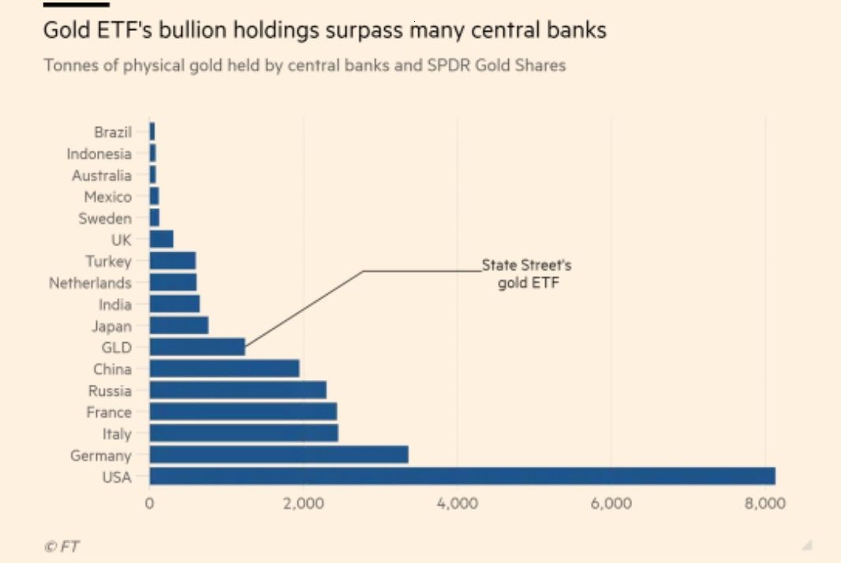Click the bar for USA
tap(462, 475)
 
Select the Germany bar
tap(278, 454)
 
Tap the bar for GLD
tap(196, 347)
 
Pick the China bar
tap(224, 368)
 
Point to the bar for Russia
tap(237, 390)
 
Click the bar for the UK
tap(161, 240)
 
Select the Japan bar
tap(178, 325)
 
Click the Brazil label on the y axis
tap(113, 132)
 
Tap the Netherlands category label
tap(90, 282)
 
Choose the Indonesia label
tap(99, 154)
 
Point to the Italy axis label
tap(117, 433)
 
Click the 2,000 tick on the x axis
tap(303, 504)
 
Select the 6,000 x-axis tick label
tap(611, 504)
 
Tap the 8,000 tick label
tap(765, 504)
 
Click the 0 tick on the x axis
tap(149, 504)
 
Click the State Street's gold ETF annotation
tap(526, 274)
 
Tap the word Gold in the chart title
tap(63, 31)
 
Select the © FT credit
tap(62, 546)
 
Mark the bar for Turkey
tap(172, 261)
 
